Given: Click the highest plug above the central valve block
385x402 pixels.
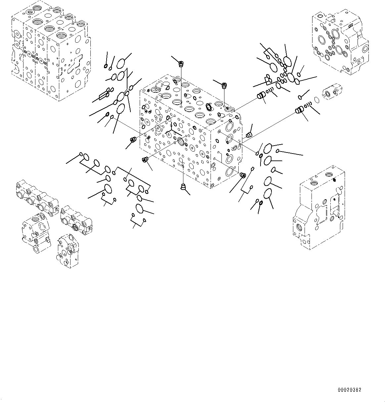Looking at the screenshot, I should tap(181, 63).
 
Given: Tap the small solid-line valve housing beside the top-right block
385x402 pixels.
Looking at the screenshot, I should tap(332, 92).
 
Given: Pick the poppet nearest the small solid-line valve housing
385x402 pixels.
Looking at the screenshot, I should tap(300, 110).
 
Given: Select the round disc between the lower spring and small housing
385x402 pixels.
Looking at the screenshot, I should tap(316, 99).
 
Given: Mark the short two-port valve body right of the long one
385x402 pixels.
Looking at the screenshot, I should tap(76, 220).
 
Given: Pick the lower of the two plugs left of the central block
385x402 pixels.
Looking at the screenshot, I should tap(144, 160).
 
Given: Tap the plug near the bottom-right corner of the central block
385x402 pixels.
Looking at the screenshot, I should tap(242, 175).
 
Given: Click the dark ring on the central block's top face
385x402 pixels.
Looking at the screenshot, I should tap(209, 107).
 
